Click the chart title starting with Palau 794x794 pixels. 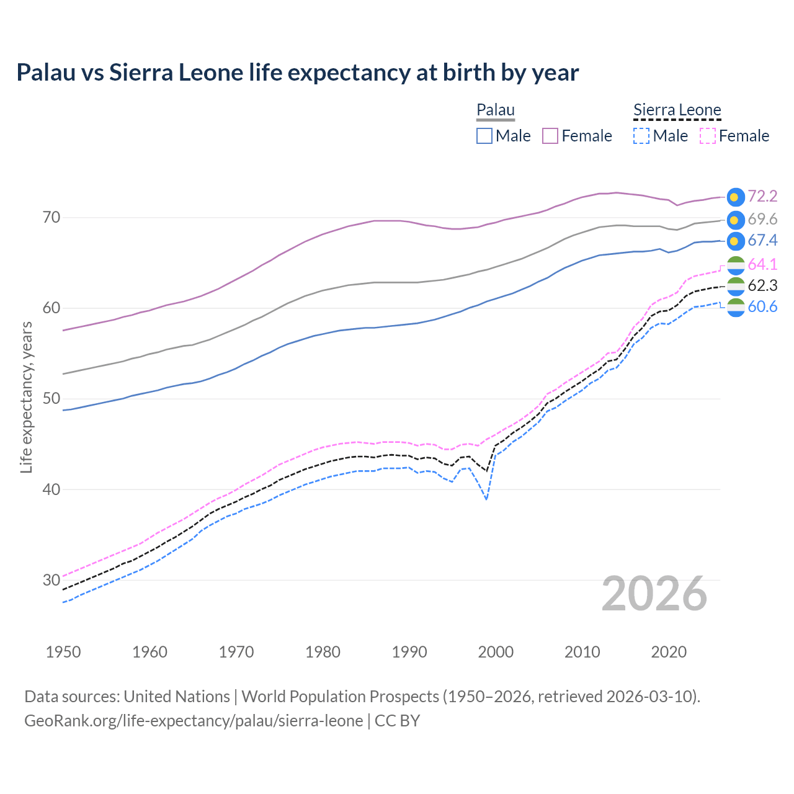click(x=297, y=73)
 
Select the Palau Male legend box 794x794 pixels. click(x=484, y=136)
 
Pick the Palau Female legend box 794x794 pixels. click(x=550, y=136)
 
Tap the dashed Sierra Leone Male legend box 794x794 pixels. click(x=641, y=136)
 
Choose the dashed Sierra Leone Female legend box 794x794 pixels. click(x=708, y=136)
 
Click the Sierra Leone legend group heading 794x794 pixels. click(x=677, y=110)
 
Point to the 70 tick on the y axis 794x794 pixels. click(x=51, y=217)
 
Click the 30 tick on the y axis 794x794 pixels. click(x=51, y=580)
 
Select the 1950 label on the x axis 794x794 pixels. click(x=63, y=652)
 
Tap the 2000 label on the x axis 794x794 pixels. click(x=496, y=652)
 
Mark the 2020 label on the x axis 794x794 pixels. click(x=669, y=652)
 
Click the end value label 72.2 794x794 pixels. click(x=762, y=196)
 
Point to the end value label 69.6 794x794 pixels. click(x=762, y=219)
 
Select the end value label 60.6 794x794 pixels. click(x=762, y=306)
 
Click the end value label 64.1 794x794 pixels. click(x=762, y=264)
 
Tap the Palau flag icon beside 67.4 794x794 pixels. click(x=736, y=241)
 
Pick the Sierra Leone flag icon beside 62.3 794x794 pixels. click(x=736, y=285)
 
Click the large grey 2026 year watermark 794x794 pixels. click(x=654, y=594)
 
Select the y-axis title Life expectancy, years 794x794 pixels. click(x=26, y=397)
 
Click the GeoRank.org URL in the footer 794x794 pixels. click(x=194, y=721)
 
